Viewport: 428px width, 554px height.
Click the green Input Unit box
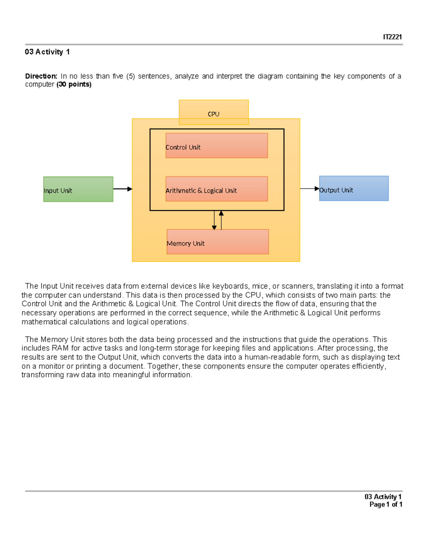(x=78, y=189)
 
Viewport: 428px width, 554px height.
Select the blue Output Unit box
(x=353, y=188)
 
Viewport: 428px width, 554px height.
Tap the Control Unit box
(x=216, y=146)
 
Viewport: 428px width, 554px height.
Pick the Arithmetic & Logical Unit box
(x=216, y=189)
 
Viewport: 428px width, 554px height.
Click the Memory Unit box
(x=218, y=242)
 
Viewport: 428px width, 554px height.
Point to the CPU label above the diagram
(x=213, y=114)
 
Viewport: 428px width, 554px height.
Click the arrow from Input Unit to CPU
(x=122, y=189)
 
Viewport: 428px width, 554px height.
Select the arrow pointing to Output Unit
(x=309, y=188)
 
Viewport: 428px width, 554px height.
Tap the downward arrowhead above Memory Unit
(x=214, y=227)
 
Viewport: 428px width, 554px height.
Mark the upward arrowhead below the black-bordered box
(x=221, y=213)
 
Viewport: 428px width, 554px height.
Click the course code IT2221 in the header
(x=392, y=37)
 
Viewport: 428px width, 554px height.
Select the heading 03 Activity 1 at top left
(x=47, y=52)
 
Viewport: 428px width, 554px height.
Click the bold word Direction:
(x=41, y=76)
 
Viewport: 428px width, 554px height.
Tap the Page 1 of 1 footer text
(x=386, y=504)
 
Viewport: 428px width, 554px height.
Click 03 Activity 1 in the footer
(x=383, y=497)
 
